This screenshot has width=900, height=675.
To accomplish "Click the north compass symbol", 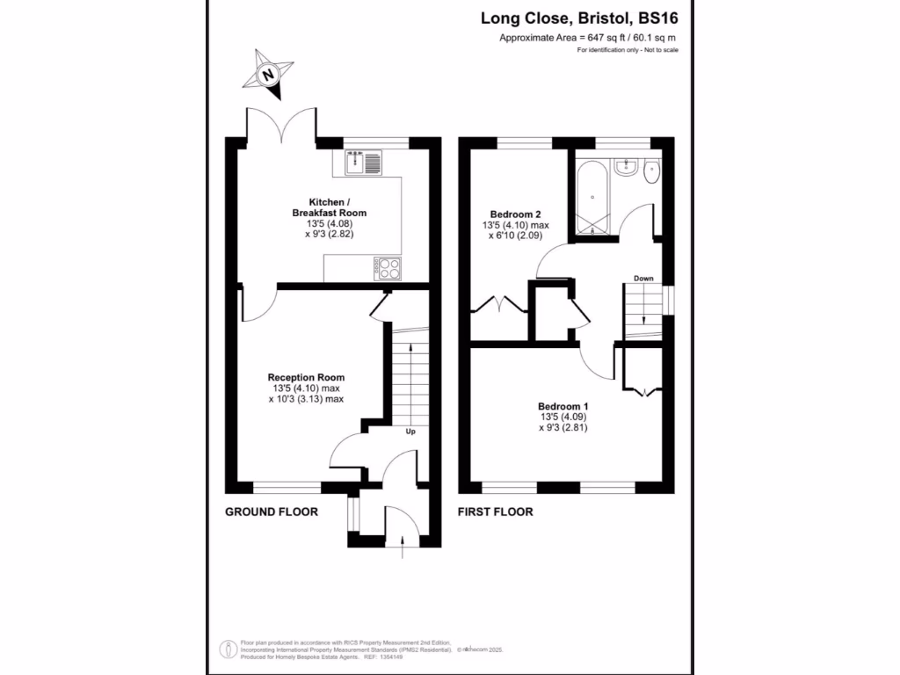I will pyautogui.click(x=269, y=76).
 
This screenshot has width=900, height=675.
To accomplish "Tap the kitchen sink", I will pyautogui.click(x=361, y=162).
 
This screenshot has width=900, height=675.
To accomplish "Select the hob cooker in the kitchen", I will pyautogui.click(x=387, y=268).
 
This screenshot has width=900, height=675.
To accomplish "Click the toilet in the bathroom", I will pyautogui.click(x=651, y=171).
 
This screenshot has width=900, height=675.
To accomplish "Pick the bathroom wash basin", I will pyautogui.click(x=626, y=166).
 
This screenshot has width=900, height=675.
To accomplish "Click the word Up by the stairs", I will pyautogui.click(x=410, y=432).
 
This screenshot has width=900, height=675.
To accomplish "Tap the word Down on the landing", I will pyautogui.click(x=643, y=279).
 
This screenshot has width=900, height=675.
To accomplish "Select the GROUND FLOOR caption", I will pyautogui.click(x=272, y=512).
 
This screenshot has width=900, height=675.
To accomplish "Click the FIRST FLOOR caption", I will pyautogui.click(x=495, y=512).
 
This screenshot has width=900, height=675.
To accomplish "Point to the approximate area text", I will pyautogui.click(x=587, y=38).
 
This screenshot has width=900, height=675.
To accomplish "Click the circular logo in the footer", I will pyautogui.click(x=228, y=650).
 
